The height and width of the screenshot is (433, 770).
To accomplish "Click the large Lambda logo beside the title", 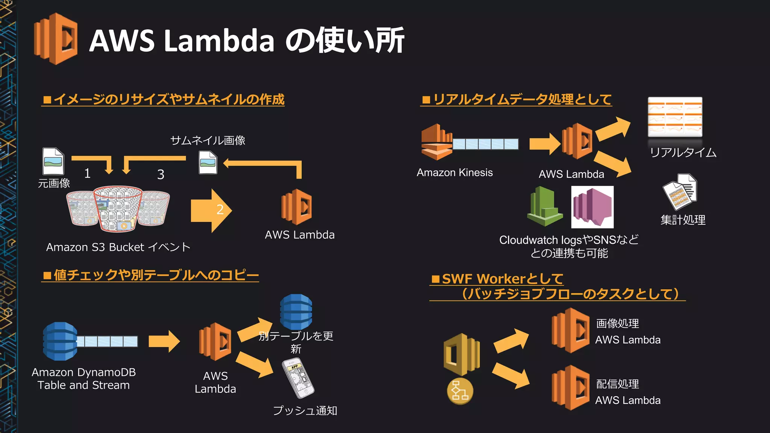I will click(56, 39).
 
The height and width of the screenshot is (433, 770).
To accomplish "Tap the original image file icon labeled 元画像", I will click(53, 161).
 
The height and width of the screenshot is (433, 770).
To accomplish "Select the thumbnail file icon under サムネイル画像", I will click(208, 162).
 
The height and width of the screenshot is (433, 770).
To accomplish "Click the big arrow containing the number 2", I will click(211, 210).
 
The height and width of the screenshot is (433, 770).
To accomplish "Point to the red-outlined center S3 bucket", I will click(118, 209).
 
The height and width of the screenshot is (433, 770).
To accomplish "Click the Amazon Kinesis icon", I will click(436, 142).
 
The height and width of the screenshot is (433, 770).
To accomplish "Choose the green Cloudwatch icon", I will click(544, 207).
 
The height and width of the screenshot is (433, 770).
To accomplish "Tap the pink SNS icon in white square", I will click(592, 207).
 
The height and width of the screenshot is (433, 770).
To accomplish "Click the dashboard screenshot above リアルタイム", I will click(675, 117).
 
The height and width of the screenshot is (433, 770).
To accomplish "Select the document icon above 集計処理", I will click(680, 191).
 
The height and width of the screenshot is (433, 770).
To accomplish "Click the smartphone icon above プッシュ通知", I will click(298, 378).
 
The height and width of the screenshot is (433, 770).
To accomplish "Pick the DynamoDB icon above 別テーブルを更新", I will click(296, 312).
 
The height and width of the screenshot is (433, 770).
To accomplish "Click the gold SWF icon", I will click(461, 354).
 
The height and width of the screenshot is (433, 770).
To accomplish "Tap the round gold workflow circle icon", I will click(460, 391).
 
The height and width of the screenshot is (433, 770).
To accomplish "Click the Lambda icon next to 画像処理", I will click(570, 330).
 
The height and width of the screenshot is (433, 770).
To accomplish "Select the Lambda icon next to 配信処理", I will click(570, 388).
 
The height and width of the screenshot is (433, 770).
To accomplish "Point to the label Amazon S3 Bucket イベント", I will click(118, 247).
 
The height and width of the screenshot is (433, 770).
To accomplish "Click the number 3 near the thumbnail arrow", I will click(161, 174).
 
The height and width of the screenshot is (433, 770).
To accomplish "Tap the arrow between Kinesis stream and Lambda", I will click(544, 144).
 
